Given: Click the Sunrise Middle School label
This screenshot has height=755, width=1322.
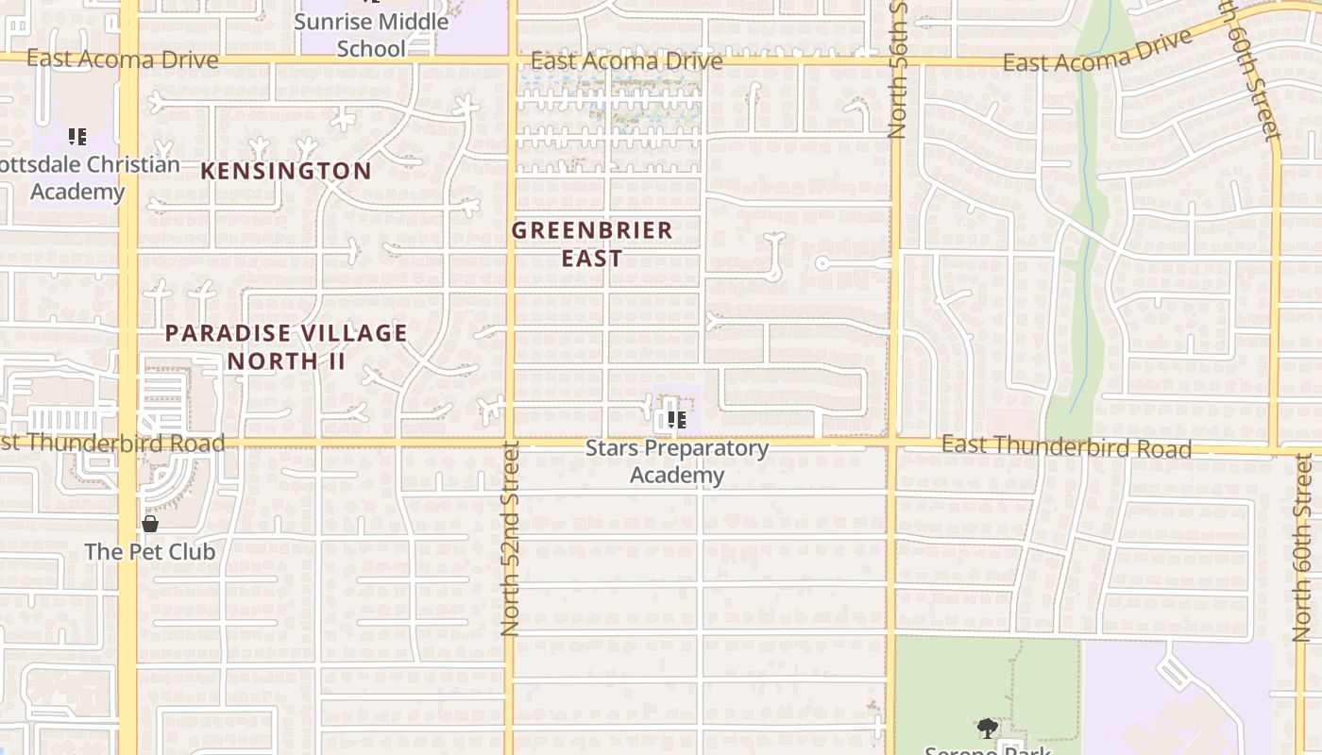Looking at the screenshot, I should click(x=371, y=34).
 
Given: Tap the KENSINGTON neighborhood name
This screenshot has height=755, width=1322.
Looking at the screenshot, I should click(x=286, y=171).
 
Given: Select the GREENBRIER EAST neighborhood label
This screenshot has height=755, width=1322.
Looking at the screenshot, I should click(x=592, y=243).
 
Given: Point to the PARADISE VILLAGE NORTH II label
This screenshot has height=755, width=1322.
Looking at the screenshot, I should click(x=286, y=346).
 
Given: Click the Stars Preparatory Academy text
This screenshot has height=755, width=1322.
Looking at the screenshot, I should click(x=677, y=461).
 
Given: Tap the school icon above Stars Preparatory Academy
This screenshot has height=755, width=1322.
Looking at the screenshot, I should click(x=675, y=419).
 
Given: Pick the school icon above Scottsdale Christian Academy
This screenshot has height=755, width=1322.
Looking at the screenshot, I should click(x=77, y=137).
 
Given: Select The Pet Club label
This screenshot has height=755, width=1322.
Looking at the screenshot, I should click(x=150, y=551).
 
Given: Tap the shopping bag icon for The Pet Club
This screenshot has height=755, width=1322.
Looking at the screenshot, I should click(x=150, y=523).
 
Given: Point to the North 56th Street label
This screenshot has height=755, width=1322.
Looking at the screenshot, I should click(x=897, y=71).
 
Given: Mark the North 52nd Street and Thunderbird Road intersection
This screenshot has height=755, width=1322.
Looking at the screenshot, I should click(x=511, y=442).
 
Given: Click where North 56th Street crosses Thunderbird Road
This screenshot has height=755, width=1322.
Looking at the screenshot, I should click(x=891, y=442).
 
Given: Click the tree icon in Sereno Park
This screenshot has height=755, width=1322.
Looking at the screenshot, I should click(x=988, y=728).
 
